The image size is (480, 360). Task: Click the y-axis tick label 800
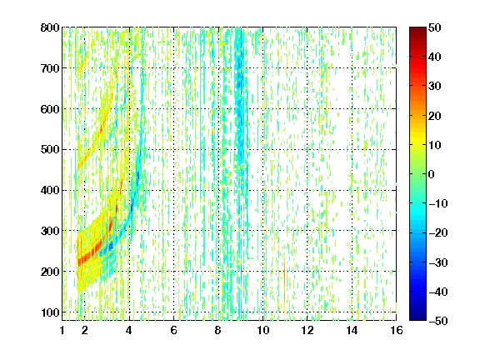point(50,27)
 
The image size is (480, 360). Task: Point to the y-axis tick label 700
point(50,68)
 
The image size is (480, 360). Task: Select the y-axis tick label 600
point(50,109)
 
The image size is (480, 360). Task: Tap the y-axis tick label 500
point(50,150)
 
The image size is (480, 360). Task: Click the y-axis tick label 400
point(50,190)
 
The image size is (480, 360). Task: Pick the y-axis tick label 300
point(50,231)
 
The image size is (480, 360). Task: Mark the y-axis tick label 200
point(50,272)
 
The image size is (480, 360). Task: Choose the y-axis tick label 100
point(50,312)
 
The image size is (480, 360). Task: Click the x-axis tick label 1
point(62,330)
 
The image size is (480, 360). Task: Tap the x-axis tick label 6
point(173,330)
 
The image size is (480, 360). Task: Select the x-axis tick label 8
point(218,330)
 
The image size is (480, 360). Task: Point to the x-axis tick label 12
point(307,330)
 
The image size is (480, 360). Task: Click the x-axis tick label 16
point(397,330)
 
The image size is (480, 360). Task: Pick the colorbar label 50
point(434,27)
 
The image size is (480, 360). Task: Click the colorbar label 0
point(432,174)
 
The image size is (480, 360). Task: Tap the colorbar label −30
point(438,262)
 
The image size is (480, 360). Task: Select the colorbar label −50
point(438,321)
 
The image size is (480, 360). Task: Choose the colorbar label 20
point(434,116)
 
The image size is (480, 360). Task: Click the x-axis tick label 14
point(352,330)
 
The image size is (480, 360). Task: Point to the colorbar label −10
point(438,203)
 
